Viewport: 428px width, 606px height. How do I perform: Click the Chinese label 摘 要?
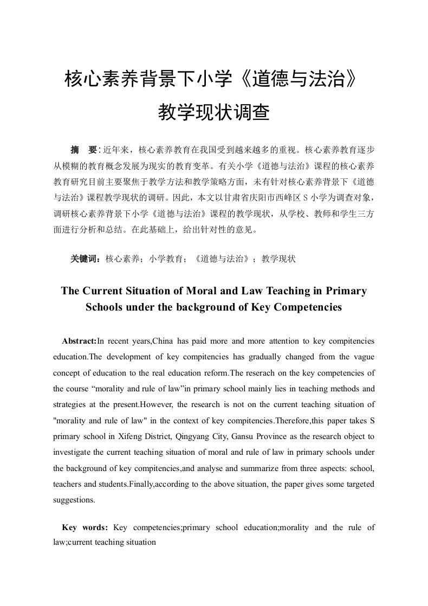[84, 149]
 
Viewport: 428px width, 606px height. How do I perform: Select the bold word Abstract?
[79, 341]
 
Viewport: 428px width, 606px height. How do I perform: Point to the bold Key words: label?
[85, 527]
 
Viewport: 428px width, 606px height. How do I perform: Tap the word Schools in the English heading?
[104, 307]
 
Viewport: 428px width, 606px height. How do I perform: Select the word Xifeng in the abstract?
[138, 436]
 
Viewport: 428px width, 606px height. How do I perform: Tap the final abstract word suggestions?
[74, 500]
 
